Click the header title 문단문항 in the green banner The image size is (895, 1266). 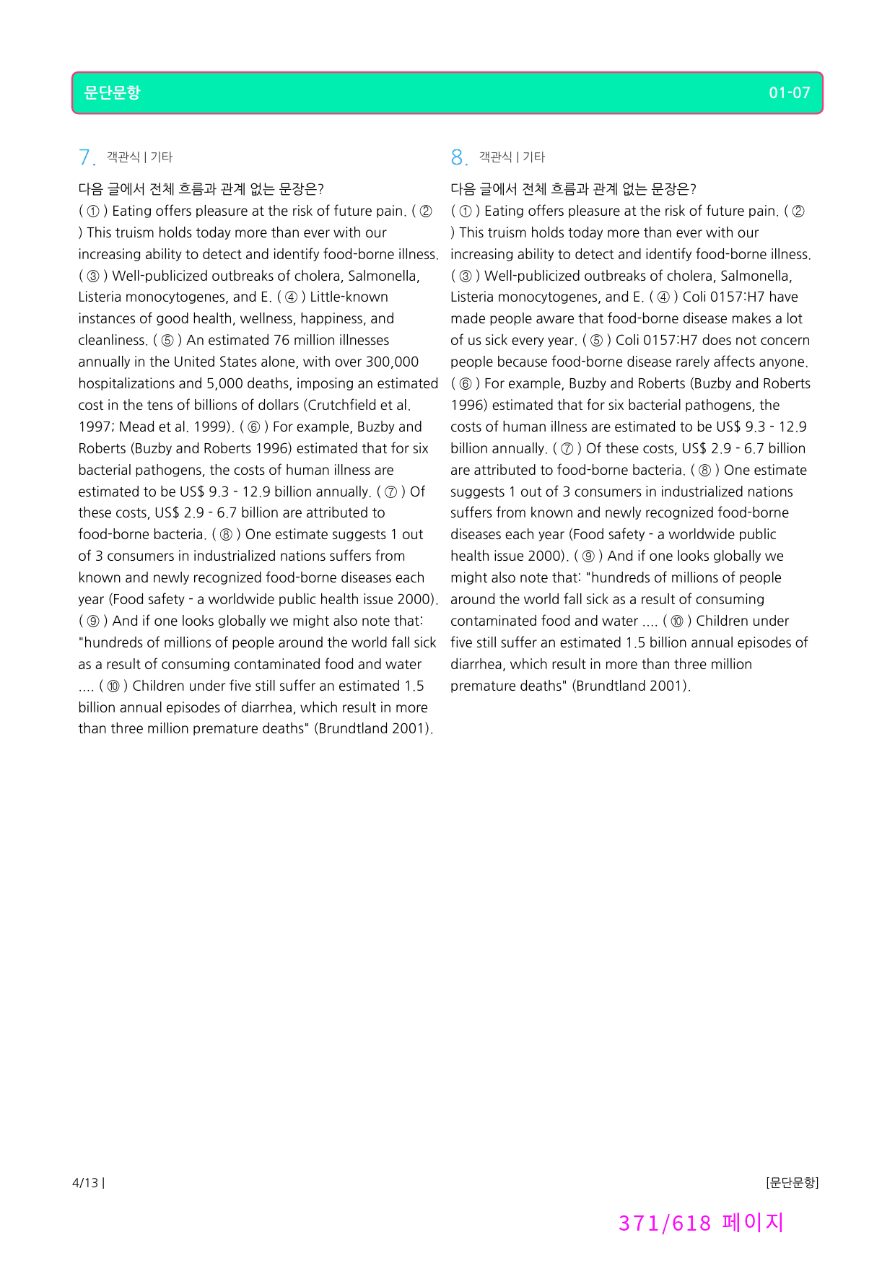click(112, 92)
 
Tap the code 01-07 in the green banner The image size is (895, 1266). click(789, 92)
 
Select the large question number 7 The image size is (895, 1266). click(85, 157)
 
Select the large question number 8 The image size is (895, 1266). click(458, 157)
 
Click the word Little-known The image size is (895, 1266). click(349, 297)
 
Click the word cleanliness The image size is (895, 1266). click(112, 340)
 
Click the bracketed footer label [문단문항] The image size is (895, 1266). click(792, 1182)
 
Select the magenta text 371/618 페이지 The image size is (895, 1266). click(701, 1223)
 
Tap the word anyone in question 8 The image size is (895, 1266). click(783, 362)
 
